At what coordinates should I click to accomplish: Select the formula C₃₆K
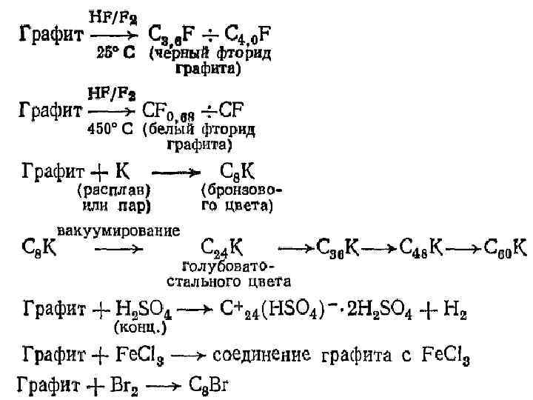point(340,247)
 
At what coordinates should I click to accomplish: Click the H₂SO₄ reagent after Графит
point(145,307)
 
